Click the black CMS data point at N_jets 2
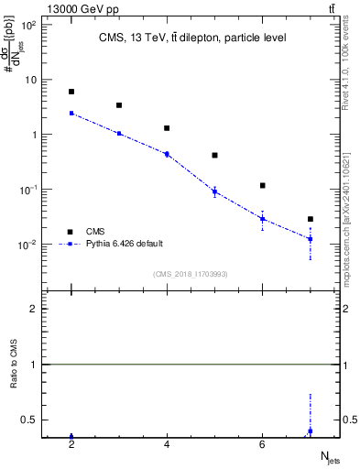(71, 92)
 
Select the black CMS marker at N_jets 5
(214, 156)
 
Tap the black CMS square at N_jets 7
(311, 219)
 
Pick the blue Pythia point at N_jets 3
(119, 134)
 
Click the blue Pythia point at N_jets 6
(263, 219)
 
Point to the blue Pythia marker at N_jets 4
(167, 154)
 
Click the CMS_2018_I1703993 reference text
(191, 274)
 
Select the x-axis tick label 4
(167, 445)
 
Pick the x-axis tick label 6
(263, 445)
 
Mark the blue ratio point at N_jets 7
(311, 431)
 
